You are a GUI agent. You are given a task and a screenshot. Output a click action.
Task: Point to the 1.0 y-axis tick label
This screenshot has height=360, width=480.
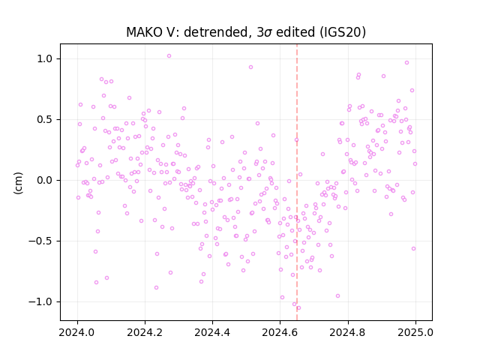pos(45,58)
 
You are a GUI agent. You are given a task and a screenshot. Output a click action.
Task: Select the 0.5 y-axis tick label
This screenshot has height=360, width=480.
pos(45,119)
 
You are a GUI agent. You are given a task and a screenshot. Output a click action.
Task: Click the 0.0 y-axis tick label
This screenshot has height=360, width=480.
pos(45,180)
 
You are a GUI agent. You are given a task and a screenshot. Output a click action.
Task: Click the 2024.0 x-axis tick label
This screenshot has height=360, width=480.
pos(77,332)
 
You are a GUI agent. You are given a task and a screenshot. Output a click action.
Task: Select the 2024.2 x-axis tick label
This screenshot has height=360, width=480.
pos(145,332)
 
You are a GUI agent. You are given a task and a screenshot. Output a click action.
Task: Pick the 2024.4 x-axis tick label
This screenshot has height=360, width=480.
pos(212,332)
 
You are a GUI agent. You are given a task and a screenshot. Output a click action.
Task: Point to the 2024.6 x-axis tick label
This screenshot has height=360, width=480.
pos(280,332)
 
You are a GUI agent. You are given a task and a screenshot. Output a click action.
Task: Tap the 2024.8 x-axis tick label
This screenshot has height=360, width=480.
pos(347,332)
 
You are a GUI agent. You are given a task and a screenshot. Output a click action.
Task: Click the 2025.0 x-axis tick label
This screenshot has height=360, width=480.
pos(415,332)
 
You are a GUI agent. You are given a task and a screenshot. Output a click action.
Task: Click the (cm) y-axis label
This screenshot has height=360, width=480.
pos(18,183)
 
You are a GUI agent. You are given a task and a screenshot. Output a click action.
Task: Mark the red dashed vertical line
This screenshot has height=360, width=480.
pos(297,182)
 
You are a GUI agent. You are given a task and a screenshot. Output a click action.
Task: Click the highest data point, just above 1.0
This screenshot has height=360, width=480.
pos(169,56)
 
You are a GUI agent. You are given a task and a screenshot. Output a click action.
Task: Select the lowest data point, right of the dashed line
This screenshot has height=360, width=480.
pos(298,308)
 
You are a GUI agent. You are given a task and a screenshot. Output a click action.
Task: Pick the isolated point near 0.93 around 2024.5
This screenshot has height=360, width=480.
pos(250,67)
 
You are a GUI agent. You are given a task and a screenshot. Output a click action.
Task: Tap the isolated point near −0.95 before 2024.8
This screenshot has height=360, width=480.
pos(337,296)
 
